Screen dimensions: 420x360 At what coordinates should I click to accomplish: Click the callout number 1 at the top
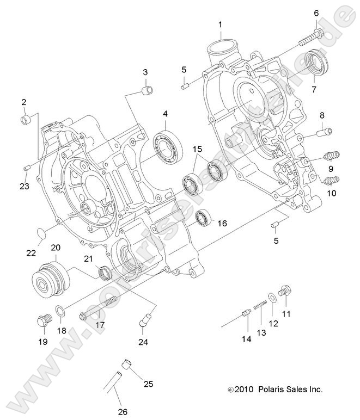tap(220, 24)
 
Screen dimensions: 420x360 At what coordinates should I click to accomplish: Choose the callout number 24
tap(143, 342)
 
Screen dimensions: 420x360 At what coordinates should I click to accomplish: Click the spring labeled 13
tap(261, 305)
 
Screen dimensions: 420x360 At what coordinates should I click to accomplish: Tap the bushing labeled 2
tap(25, 120)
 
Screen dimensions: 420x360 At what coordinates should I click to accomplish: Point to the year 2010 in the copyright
tap(244, 390)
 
